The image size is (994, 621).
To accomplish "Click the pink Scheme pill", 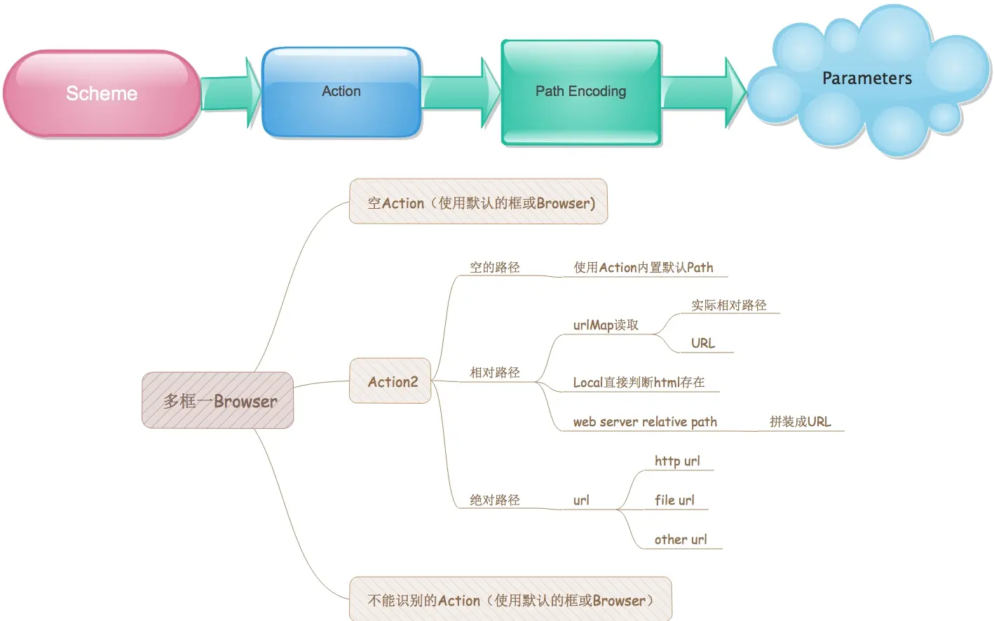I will point(102,93).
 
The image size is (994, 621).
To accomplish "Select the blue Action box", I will point(341,92).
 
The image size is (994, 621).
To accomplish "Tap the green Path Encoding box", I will point(581,92).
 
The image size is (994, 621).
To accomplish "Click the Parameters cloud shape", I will point(867,79).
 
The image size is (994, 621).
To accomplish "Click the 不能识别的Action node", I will point(510,599).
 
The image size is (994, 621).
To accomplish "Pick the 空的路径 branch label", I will point(495,267).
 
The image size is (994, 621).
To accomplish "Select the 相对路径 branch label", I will point(495,372).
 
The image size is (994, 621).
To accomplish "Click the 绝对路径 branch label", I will point(495,500).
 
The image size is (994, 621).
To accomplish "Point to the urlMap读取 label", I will point(606,325).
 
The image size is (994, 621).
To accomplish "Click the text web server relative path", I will point(645,421).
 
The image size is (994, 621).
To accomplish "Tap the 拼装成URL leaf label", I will point(800,421).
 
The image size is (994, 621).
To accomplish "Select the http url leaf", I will point(677,460).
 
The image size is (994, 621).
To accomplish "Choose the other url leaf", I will point(681,539).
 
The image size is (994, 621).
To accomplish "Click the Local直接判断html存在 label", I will point(639,382).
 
